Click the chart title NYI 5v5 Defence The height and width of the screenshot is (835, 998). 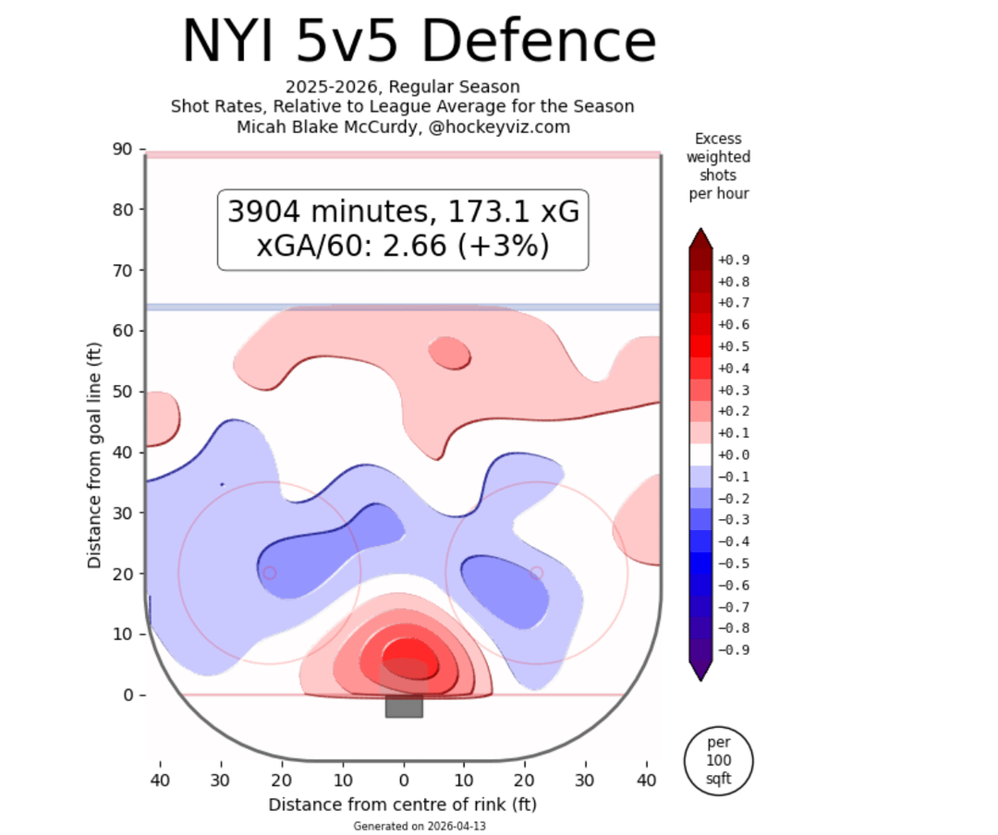[x=419, y=42]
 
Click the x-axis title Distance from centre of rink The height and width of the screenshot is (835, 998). [x=402, y=805]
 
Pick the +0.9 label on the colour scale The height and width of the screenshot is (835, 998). [x=734, y=260]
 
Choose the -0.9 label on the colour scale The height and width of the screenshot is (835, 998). [x=734, y=649]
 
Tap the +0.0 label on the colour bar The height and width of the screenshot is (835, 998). [x=734, y=454]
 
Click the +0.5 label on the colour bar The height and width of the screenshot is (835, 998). [x=734, y=346]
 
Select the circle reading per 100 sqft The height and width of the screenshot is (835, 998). [x=718, y=760]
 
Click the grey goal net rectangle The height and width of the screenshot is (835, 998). [x=404, y=707]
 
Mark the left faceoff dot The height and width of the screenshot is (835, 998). [x=270, y=573]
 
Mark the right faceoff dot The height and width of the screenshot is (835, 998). [x=536, y=573]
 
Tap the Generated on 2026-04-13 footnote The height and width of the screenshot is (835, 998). [x=419, y=826]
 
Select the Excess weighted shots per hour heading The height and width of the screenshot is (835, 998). [x=718, y=166]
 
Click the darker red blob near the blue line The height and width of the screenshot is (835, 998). [x=450, y=353]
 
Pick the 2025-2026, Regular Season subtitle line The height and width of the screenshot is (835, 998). [x=402, y=88]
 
